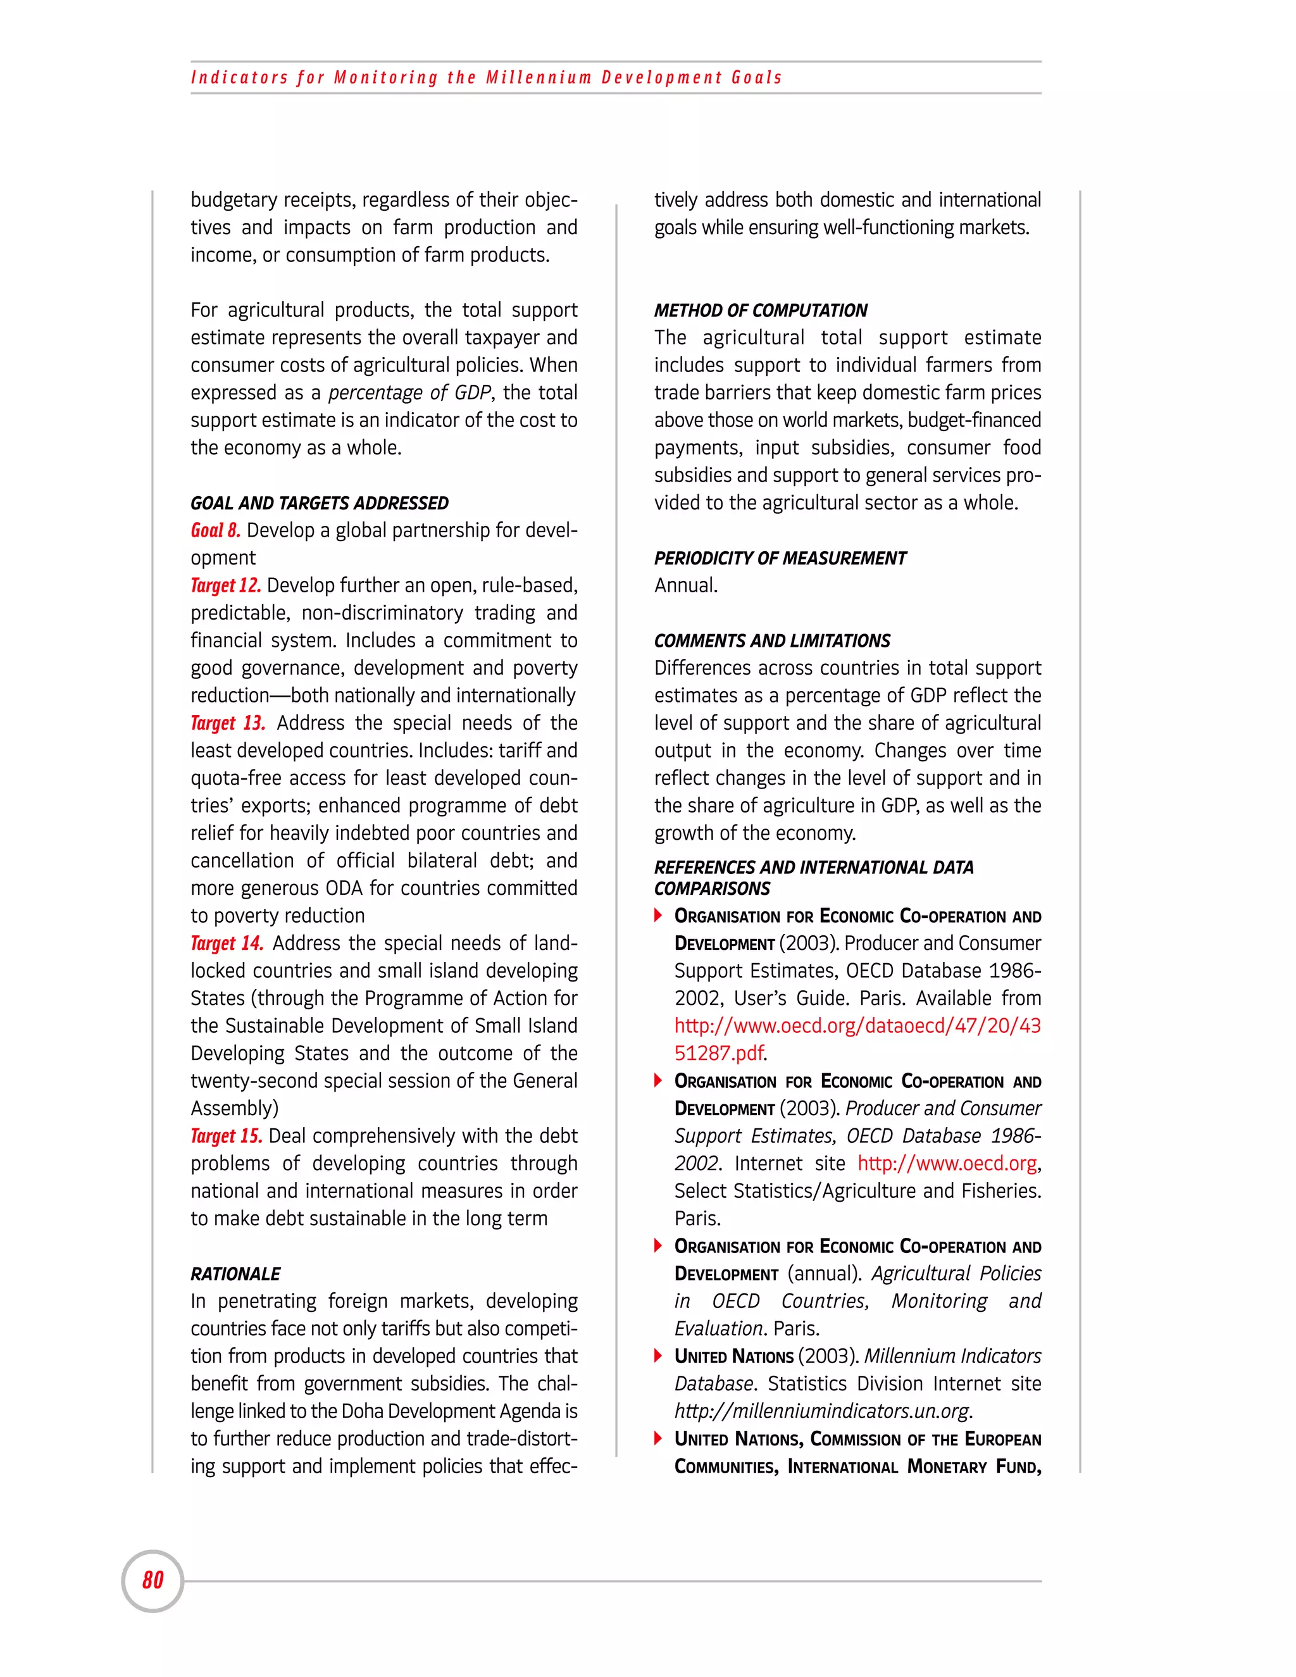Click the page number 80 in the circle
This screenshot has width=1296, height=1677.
153,1580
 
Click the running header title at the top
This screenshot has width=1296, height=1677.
486,78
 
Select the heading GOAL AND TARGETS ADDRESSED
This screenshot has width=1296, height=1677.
320,503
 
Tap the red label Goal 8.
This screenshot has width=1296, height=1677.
216,530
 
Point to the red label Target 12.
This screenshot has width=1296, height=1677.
226,586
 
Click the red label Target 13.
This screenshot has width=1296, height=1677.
228,723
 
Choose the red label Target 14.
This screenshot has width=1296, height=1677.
227,944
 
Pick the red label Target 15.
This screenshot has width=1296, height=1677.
227,1137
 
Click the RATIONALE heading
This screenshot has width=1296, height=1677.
235,1274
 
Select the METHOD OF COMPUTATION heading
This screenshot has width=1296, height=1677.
760,310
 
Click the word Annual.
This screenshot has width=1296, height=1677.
685,586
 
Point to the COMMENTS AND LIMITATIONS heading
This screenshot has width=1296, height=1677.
771,640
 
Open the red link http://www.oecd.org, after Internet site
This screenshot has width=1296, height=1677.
947,1163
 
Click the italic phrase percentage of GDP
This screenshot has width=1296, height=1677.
409,393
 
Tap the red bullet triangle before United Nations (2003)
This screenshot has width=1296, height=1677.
658,1356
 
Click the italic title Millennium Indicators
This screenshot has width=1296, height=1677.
952,1356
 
